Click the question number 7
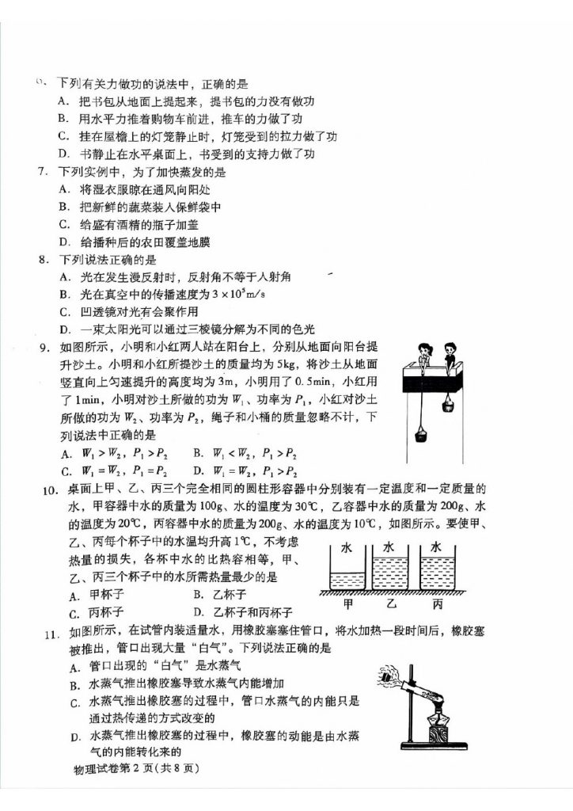point(44,172)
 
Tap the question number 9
point(44,346)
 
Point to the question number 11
point(50,631)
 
